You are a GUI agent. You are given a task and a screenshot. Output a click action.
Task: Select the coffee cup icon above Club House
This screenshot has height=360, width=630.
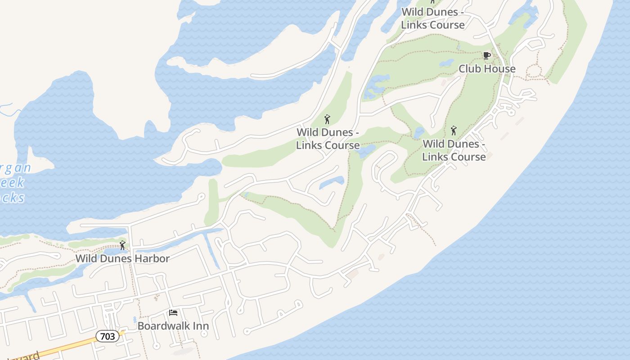click(x=486, y=56)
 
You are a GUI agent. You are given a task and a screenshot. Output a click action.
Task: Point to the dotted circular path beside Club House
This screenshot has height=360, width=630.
click(x=535, y=71)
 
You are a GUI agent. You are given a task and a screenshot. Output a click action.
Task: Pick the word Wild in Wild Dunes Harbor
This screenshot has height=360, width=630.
click(x=85, y=259)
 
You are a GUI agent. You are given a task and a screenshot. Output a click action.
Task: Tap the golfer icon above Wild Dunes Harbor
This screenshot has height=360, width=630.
click(x=122, y=246)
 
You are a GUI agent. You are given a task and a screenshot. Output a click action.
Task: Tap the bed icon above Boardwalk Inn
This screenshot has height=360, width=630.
click(x=173, y=313)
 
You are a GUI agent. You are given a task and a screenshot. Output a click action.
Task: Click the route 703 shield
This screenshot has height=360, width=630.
click(x=108, y=336)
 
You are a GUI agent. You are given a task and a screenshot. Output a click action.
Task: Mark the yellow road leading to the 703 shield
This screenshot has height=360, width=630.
click(x=67, y=347)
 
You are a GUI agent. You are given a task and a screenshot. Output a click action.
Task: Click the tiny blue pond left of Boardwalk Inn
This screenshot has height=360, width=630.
click(x=135, y=320)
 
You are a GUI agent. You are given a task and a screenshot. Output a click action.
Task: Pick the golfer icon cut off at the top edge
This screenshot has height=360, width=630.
click(x=433, y=2)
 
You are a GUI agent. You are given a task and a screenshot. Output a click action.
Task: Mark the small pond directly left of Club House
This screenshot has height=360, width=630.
click(x=446, y=63)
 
